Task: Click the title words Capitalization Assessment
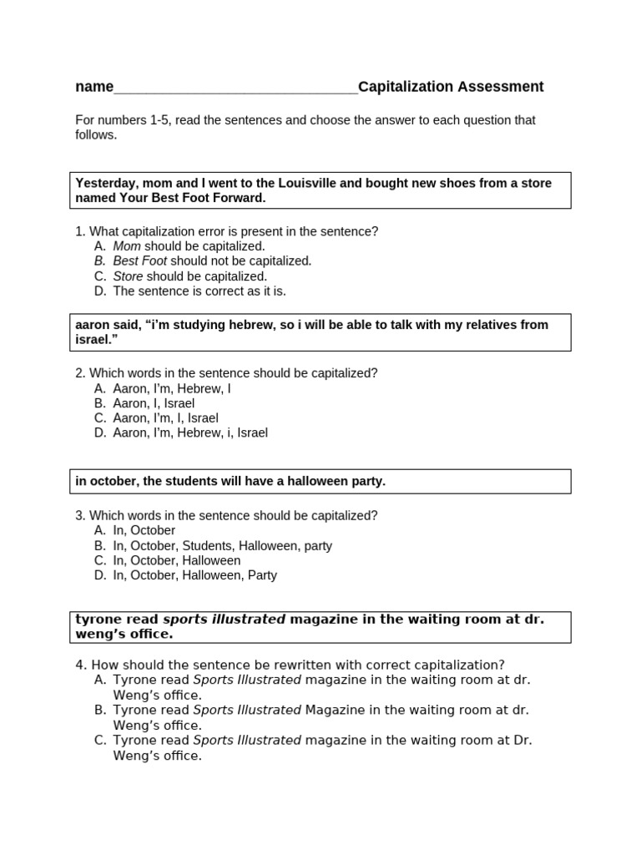tap(451, 87)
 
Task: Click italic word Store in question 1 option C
tap(128, 276)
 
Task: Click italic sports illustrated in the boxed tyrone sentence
tap(224, 619)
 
